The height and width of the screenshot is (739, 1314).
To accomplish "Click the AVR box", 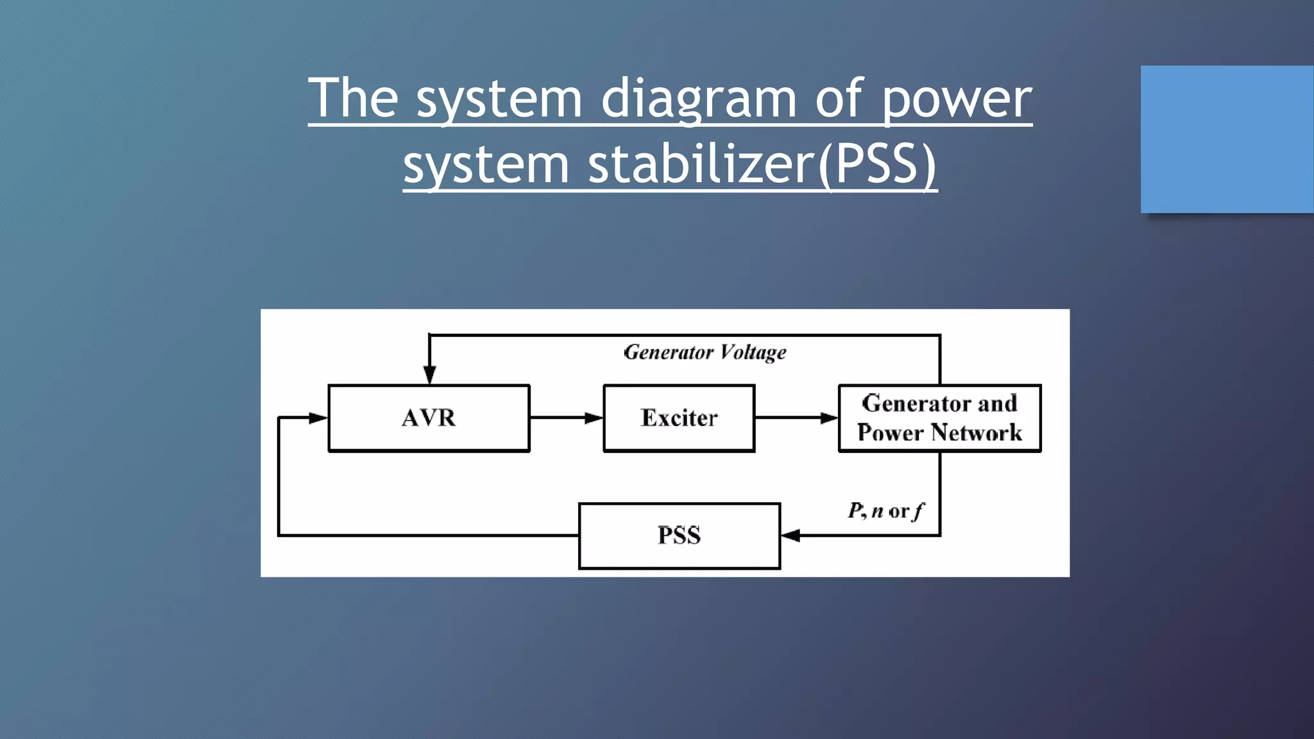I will tap(429, 418).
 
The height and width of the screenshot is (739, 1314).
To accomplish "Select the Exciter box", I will tap(679, 418).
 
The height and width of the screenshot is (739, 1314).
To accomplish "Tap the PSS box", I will tap(679, 536).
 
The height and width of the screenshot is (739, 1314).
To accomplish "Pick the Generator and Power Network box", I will tap(939, 418).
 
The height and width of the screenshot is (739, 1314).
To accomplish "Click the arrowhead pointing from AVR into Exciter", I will tap(593, 418).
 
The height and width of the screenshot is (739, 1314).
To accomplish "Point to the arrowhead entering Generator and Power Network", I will tap(829, 418).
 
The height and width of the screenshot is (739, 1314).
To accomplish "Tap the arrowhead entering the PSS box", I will tap(790, 536).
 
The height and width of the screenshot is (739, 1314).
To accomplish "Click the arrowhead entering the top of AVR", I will tap(430, 375).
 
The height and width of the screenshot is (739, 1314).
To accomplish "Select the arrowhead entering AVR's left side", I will tap(318, 418).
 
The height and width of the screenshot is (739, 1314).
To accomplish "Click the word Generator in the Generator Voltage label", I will tap(668, 352).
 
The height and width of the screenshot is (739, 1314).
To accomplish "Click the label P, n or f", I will tap(885, 511).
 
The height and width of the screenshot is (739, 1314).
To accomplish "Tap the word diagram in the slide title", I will tap(699, 99).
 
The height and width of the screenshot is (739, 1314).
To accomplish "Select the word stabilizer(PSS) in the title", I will tap(762, 164).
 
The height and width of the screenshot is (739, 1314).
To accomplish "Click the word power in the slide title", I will tap(957, 99).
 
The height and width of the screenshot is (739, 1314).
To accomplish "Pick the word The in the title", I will tap(354, 99).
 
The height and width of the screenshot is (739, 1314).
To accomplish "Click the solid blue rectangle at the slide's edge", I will tap(1227, 139).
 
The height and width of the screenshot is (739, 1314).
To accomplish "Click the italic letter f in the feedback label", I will tap(919, 511).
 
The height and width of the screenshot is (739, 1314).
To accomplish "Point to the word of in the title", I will tap(839, 99).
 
